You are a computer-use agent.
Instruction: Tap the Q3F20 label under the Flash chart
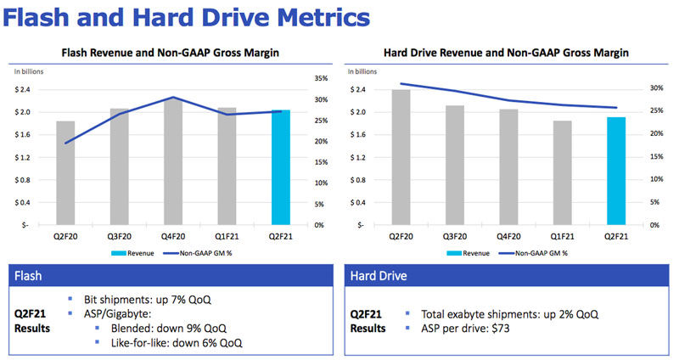coord(120,237)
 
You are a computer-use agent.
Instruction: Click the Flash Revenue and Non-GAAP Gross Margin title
coord(171,53)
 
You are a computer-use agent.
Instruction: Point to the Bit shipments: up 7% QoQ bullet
coord(147,301)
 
